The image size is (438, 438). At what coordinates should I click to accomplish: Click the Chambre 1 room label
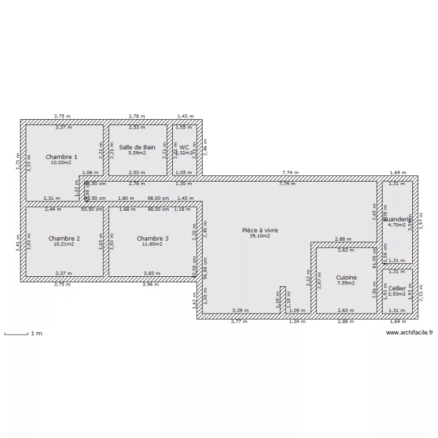point(62,157)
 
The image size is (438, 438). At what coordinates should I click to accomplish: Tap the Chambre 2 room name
point(64,238)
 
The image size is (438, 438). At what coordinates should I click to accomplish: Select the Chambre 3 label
point(152,238)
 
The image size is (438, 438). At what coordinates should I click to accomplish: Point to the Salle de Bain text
point(137,148)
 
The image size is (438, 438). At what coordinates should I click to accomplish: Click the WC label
point(185,148)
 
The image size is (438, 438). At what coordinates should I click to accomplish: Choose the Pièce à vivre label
point(260,230)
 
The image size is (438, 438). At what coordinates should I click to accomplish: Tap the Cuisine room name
point(346,277)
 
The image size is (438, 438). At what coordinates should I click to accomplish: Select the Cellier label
point(397,288)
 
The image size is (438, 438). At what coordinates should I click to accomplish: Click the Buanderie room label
point(397,219)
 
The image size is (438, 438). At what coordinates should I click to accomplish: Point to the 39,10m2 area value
point(260,236)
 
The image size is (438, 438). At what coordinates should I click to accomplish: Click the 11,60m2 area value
point(152,244)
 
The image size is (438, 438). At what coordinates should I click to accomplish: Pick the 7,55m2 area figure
point(346,283)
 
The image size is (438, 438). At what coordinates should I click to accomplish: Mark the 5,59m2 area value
point(137,153)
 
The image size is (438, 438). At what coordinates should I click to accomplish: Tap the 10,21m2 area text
point(64,244)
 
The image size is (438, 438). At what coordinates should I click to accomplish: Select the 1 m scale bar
point(17,334)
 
